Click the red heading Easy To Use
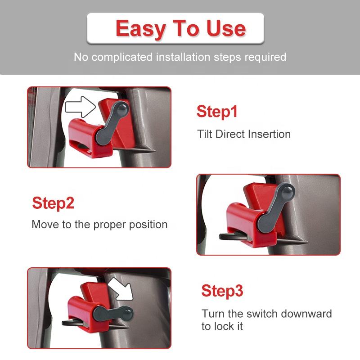tap(181, 29)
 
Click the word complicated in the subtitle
tap(122, 57)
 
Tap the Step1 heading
tap(217, 112)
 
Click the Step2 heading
tap(53, 203)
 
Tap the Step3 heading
tap(222, 291)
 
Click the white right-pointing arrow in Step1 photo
tap(81, 107)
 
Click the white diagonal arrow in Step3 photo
tap(121, 289)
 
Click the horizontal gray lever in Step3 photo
tap(113, 313)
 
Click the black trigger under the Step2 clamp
tap(232, 237)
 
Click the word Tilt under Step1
tap(205, 134)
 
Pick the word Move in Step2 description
tap(45, 225)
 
